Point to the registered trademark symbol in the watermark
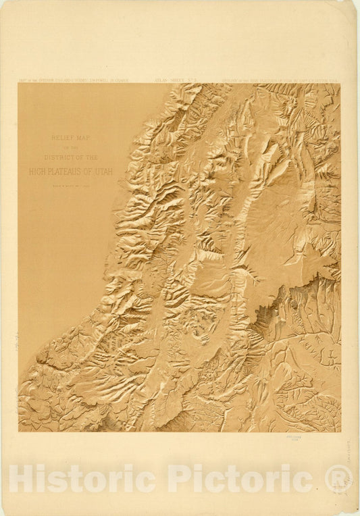[x=338, y=478]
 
